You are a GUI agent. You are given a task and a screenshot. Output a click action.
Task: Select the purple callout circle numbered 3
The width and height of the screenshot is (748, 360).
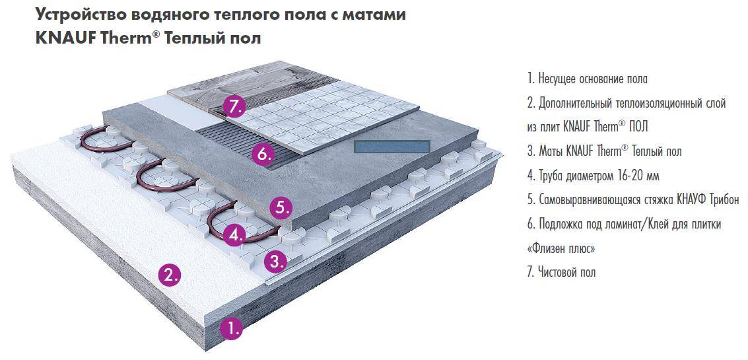point(276,260)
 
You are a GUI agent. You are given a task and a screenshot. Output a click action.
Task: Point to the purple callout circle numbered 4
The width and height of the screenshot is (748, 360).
point(234,234)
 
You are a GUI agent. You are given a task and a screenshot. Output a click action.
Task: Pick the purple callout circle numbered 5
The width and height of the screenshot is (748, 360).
point(280,207)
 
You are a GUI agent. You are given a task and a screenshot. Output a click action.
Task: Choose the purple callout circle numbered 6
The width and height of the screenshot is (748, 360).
point(263,155)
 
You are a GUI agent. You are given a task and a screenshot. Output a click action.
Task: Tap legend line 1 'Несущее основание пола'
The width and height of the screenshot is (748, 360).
point(587,79)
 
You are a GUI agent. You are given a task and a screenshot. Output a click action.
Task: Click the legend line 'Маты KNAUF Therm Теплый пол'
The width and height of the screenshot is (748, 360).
point(604,151)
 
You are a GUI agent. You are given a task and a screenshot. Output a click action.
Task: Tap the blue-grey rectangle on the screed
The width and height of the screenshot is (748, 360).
point(392,147)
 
